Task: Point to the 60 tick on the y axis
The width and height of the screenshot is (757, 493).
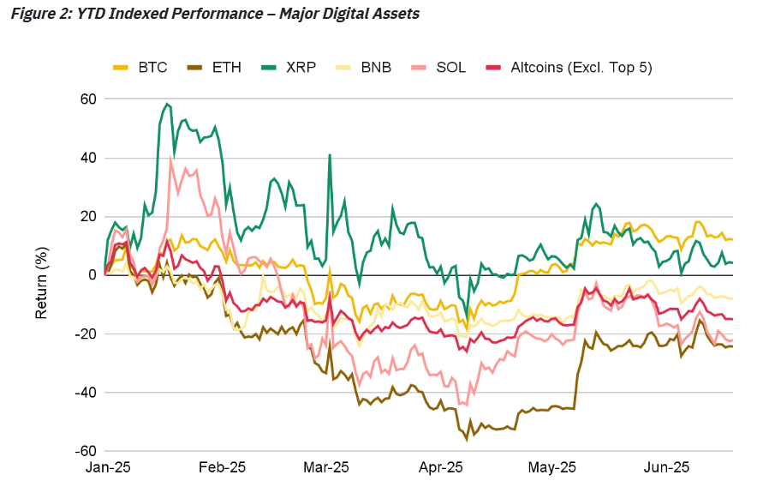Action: [x=87, y=99]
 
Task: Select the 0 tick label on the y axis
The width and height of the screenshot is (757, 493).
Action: [x=92, y=274]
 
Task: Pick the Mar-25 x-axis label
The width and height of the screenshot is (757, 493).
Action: [x=327, y=468]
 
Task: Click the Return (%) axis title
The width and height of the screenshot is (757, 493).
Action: [x=41, y=275]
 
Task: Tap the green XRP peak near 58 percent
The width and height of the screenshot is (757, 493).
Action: [x=167, y=104]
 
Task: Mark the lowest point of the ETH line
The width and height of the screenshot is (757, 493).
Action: [x=468, y=439]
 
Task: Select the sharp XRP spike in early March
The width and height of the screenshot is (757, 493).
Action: [x=330, y=155]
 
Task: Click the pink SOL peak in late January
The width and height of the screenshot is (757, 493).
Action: [x=171, y=159]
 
